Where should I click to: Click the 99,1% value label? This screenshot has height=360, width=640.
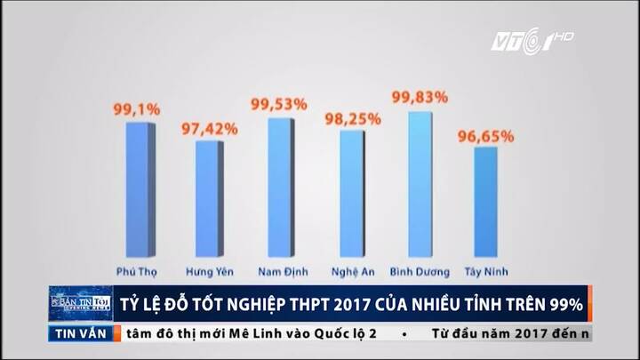click(136, 109)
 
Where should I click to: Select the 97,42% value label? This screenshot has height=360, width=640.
click(209, 129)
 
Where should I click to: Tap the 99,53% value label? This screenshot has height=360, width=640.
click(280, 105)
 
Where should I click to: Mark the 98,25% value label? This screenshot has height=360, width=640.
click(353, 117)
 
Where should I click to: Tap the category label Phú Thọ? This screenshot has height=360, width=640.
click(137, 270)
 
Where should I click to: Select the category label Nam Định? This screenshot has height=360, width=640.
click(281, 270)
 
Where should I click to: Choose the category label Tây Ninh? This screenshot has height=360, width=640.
click(486, 270)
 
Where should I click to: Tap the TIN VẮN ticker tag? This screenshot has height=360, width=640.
click(80, 333)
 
